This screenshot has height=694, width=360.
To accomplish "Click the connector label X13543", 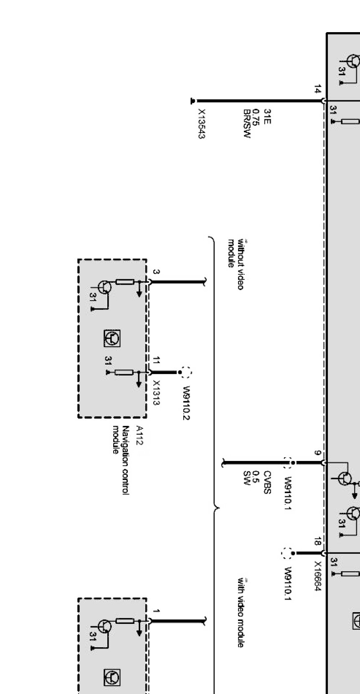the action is click(201, 124).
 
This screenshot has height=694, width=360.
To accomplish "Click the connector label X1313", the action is click(156, 393).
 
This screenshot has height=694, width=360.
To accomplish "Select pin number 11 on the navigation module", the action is click(156, 360).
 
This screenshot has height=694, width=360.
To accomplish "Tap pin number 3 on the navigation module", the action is click(156, 272).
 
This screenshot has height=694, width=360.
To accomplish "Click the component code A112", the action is click(139, 436).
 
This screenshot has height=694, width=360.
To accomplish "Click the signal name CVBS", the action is click(267, 482).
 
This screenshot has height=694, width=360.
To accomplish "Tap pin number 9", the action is click(318, 453).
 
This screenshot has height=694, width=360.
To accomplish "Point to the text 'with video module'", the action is click(241, 613).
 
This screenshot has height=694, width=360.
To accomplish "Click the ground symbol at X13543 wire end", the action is click(193, 101).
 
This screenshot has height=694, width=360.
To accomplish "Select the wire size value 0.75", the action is click(257, 117).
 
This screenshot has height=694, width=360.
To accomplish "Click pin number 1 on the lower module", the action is click(156, 611).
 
